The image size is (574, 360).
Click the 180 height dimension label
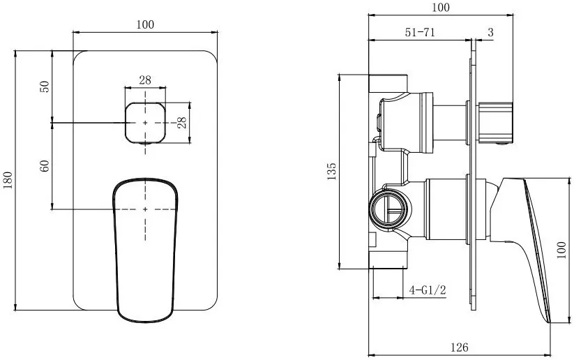8,179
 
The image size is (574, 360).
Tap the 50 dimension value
45,87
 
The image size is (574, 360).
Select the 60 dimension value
45,166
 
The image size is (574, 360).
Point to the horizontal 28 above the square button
145,80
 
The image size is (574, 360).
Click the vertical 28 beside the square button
181,122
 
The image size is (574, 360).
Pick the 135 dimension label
331,171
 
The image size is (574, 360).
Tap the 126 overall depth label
459,347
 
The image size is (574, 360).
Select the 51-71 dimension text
420,32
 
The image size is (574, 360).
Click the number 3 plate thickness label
490,32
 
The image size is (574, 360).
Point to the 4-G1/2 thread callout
428,290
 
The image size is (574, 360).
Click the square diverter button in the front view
145,123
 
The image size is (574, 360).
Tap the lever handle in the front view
145,250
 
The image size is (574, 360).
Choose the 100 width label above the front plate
145,24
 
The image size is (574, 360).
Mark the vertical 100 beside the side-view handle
561,250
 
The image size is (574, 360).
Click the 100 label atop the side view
440,7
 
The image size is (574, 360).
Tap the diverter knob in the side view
495,123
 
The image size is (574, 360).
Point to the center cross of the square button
145,123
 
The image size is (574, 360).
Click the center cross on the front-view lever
145,209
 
